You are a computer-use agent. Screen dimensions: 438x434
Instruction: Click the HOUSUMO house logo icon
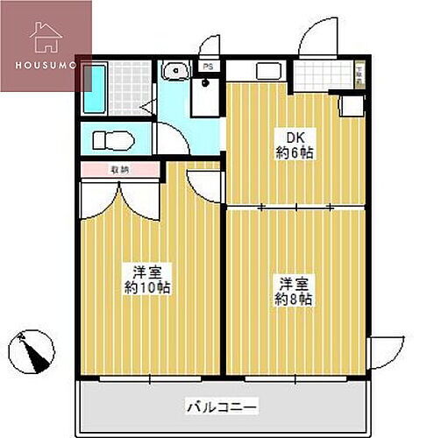pos(45,38)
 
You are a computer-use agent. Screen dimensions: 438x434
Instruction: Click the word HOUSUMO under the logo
pos(46,65)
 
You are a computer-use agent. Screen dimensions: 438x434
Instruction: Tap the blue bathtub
pos(94,88)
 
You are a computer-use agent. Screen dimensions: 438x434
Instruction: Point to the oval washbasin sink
pos(174,69)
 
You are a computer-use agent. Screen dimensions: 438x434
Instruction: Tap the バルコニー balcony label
pos(221,406)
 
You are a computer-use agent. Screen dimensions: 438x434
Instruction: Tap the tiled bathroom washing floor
pos(128,88)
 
